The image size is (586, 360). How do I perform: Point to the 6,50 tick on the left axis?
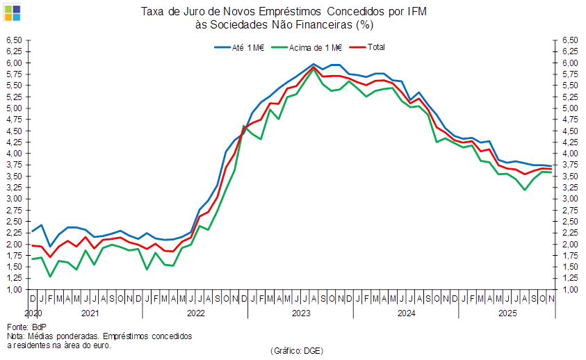point(15,40)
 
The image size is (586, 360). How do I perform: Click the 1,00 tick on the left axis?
point(15,290)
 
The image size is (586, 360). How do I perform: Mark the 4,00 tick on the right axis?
point(570,154)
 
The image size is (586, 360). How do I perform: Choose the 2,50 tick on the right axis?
point(570,222)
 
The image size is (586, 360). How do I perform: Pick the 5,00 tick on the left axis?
point(15,108)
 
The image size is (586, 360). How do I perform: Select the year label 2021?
point(90,313)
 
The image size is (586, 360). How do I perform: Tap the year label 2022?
point(195,313)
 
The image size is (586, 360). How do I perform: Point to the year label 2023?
point(300,313)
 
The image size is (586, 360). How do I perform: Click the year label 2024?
point(405,313)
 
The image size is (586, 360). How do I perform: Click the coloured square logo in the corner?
point(13,12)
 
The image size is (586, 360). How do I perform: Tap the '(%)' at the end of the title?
point(364,24)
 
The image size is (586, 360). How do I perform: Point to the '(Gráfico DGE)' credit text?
point(297,350)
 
